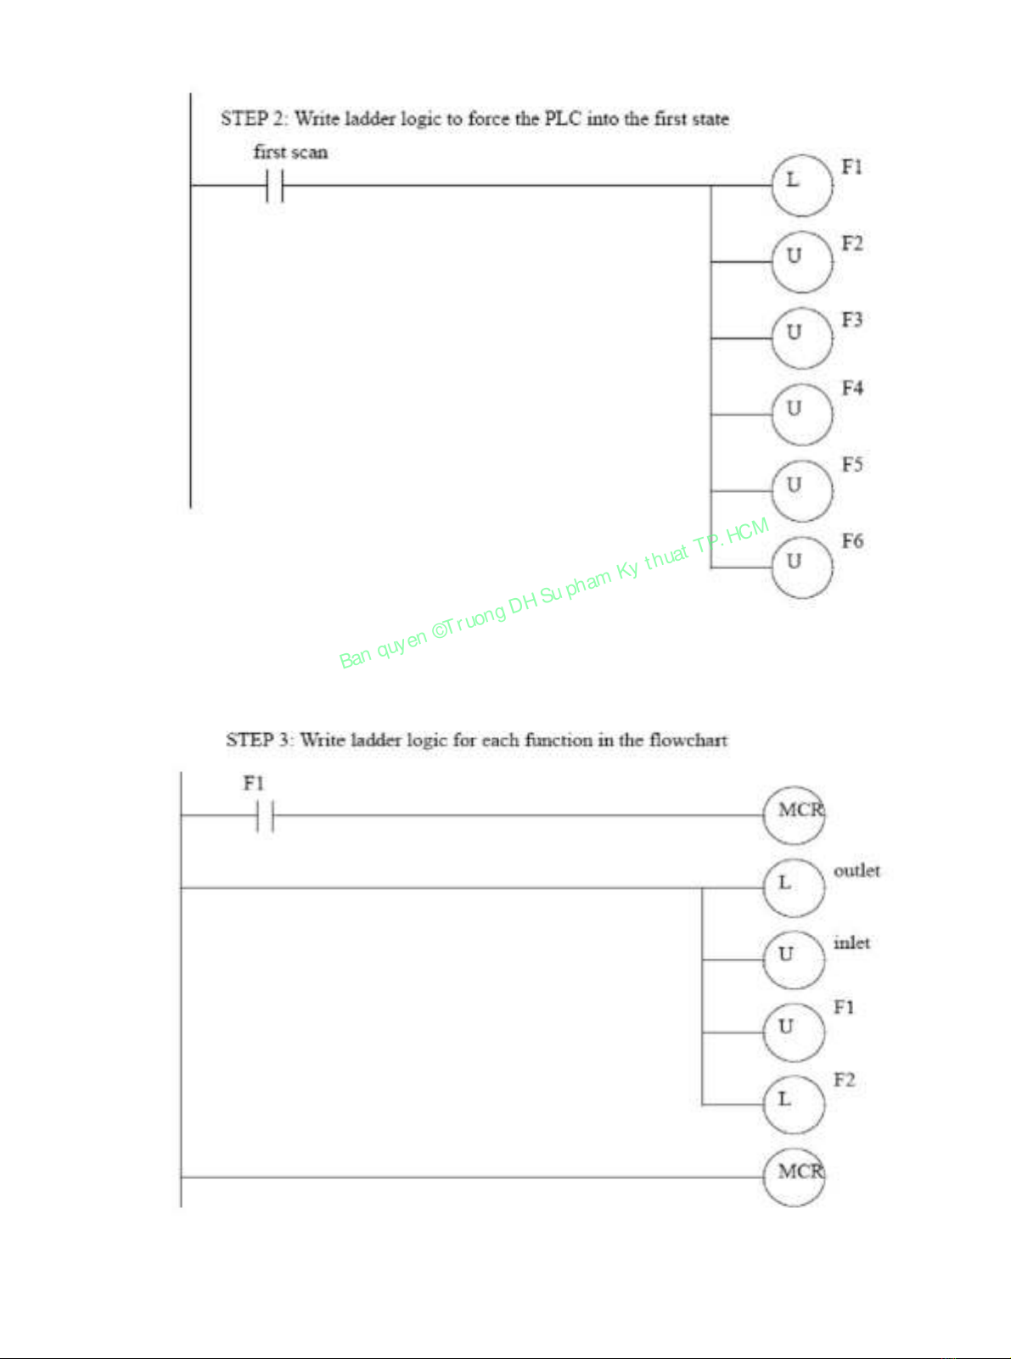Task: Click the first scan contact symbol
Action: [274, 185]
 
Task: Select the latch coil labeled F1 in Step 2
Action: [801, 184]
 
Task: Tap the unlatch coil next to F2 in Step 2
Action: [801, 261]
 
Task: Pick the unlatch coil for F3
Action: [801, 338]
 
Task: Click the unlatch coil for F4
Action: [801, 414]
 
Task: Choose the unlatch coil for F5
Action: [801, 490]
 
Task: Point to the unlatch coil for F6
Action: [801, 567]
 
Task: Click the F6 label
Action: [852, 541]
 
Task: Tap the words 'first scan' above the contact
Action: [290, 153]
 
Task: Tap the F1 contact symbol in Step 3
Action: [265, 816]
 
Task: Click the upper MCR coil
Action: [795, 814]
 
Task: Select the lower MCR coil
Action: [795, 1176]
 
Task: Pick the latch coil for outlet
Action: [793, 887]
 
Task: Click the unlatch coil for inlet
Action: [793, 959]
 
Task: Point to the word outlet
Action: [857, 871]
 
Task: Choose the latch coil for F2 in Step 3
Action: [793, 1104]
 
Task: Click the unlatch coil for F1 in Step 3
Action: [793, 1032]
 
